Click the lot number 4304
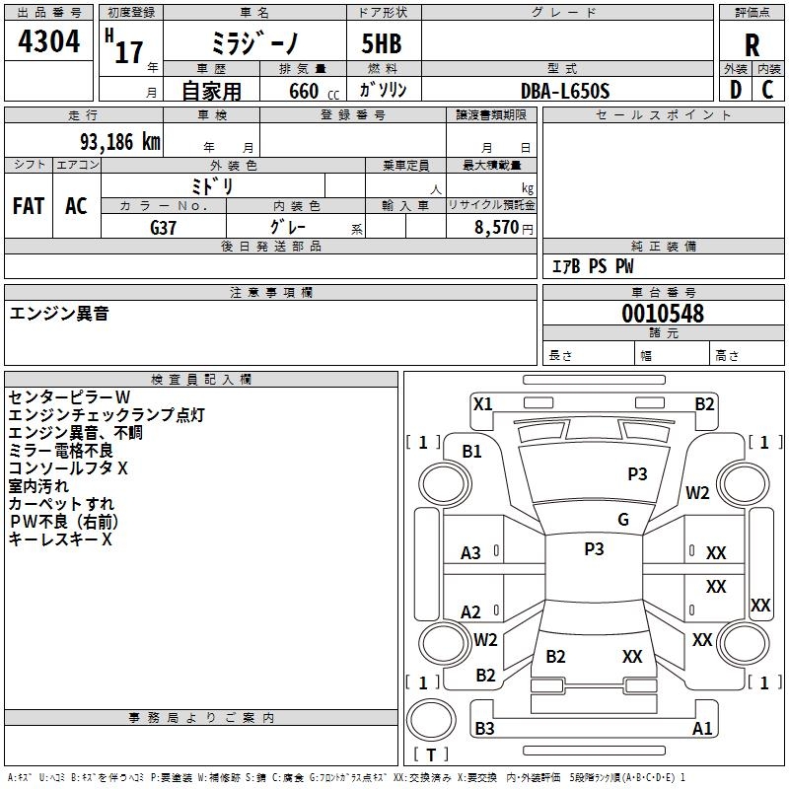[49, 42]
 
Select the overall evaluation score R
[753, 46]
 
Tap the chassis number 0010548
[663, 315]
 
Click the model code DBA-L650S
[565, 91]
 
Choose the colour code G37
[164, 226]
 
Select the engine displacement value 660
[303, 91]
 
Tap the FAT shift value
[29, 206]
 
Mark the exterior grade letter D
[735, 90]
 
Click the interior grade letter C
[768, 90]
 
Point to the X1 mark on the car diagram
[482, 403]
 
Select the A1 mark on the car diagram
[702, 729]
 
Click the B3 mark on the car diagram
[484, 729]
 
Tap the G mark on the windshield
[623, 520]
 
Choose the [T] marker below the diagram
[430, 754]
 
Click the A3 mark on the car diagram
[471, 553]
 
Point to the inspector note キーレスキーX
[60, 539]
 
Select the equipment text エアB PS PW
[592, 266]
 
